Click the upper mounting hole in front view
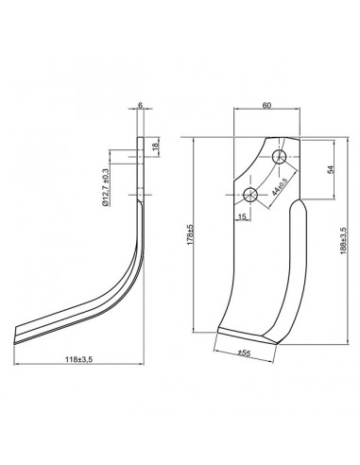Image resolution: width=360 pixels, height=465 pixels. pos(280,155)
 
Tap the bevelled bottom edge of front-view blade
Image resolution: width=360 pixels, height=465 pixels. pos(248,335)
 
